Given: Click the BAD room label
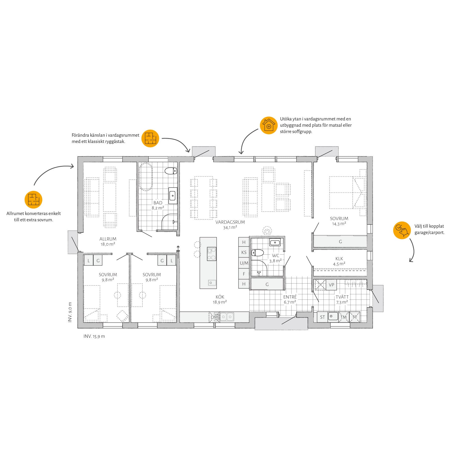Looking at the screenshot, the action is coord(158,203).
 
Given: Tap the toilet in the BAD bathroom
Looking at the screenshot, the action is coord(171,171).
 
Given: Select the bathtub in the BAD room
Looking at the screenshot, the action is coord(145,177).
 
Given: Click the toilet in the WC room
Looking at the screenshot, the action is coord(257,252).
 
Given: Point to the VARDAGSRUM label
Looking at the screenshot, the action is coord(230,222).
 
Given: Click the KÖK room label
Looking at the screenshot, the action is coord(220,297).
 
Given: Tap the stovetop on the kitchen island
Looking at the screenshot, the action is coord(211,254).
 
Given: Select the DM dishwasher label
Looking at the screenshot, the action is coord(214,317).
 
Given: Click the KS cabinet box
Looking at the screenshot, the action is coord(244,252).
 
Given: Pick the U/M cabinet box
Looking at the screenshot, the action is coord(244,263).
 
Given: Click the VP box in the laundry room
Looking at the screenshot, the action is coord(331,285).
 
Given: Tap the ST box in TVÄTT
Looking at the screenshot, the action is coord(322,317).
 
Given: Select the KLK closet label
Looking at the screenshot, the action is coord(339,258).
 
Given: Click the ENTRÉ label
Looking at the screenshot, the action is coord(290,297).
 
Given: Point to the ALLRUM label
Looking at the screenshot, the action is coord(108,239).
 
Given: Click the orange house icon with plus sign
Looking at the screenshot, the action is coord(269,126).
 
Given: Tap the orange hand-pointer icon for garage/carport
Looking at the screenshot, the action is coord(402,230).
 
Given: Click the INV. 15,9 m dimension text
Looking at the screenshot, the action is coord(94,336).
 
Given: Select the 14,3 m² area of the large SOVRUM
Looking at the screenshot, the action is coord(339,224).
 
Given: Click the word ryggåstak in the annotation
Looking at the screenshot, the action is coord(114,142).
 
